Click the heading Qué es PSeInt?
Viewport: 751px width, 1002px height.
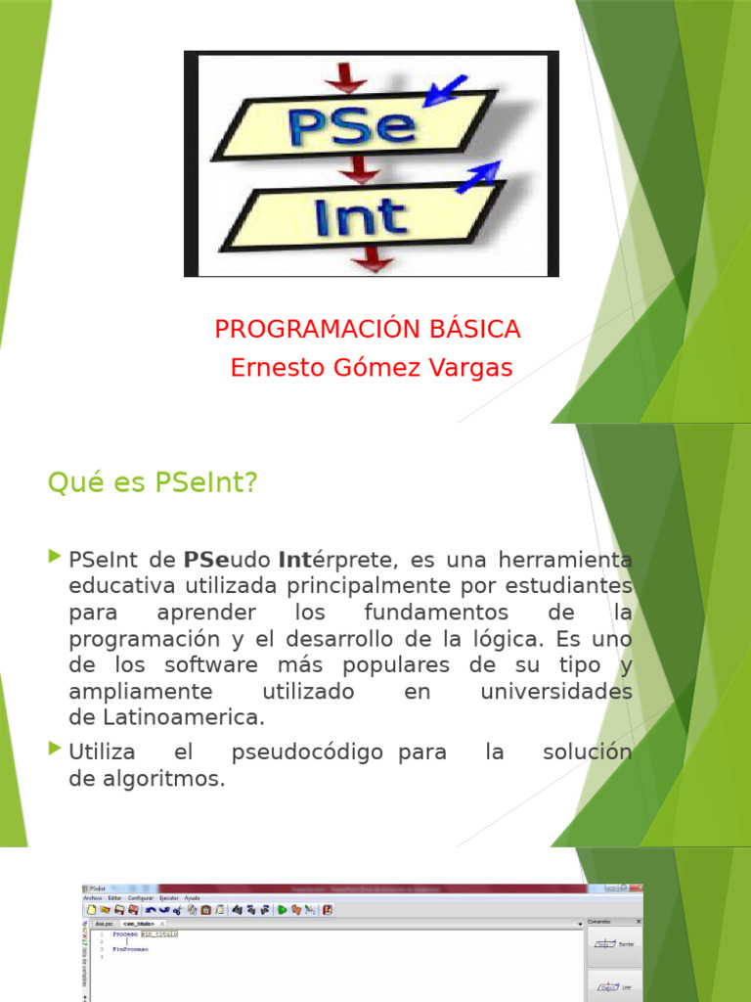click(x=152, y=482)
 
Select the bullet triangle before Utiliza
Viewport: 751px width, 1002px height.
click(x=55, y=751)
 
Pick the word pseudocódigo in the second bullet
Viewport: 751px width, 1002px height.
click(x=307, y=753)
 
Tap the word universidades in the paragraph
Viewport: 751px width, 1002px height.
click(x=556, y=692)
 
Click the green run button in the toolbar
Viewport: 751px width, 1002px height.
click(x=282, y=909)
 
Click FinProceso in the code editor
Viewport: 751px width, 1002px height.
click(x=130, y=949)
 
